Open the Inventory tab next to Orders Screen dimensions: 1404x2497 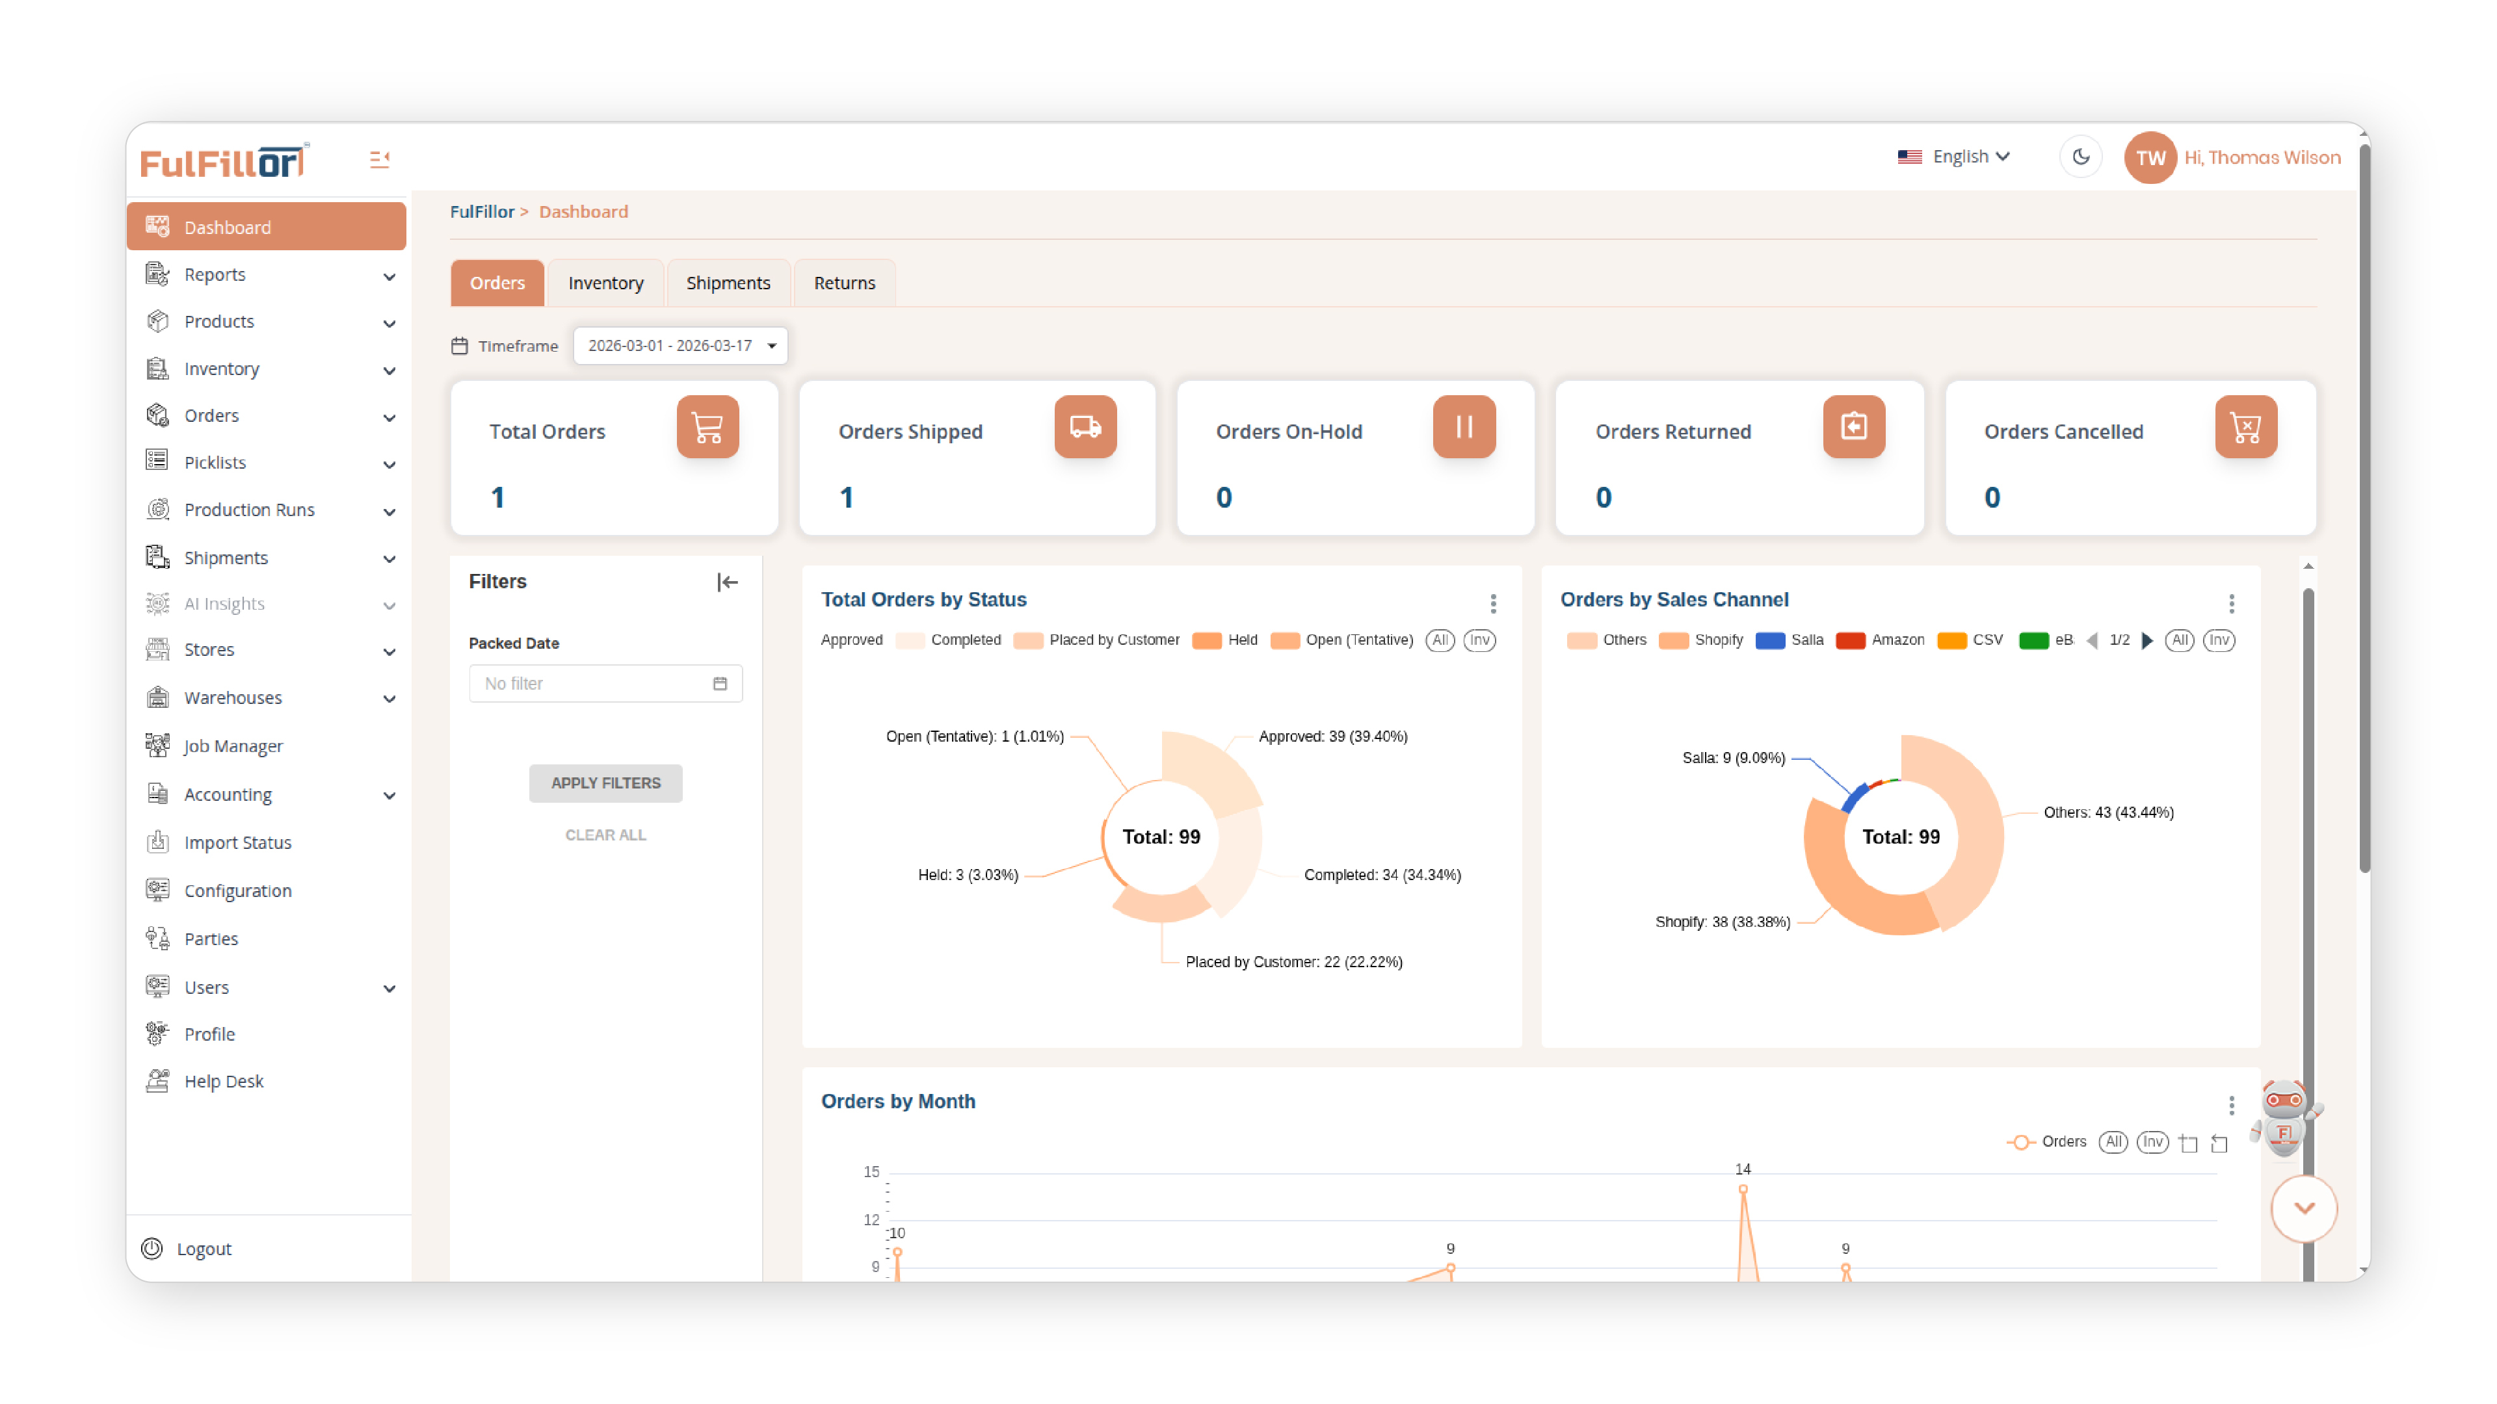pos(605,283)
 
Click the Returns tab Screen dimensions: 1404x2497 pos(843,283)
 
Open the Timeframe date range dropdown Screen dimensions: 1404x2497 pos(680,346)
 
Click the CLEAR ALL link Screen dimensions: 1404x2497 pos(605,835)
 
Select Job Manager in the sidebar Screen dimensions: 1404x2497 pos(233,746)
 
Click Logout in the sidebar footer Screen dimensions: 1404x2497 pos(203,1249)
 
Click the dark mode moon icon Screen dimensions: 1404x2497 pos(2080,157)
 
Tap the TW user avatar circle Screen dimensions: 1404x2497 pos(2149,158)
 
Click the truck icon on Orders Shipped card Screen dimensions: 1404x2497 pos(1085,426)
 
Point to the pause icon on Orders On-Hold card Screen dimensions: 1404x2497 pos(1462,426)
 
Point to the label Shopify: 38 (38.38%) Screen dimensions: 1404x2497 pos(1721,922)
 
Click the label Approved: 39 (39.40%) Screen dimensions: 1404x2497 pos(1332,736)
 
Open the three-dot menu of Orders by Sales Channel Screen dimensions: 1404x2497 pos(2230,604)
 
